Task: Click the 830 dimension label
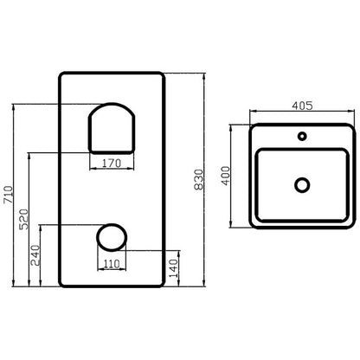click(x=199, y=179)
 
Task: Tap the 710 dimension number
click(x=9, y=195)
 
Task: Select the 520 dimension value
click(x=24, y=219)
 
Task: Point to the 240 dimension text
click(x=35, y=255)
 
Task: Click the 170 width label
click(x=112, y=164)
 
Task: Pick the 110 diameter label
click(x=112, y=264)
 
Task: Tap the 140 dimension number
click(x=174, y=268)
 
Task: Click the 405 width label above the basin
click(x=302, y=106)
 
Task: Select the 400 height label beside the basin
click(x=226, y=176)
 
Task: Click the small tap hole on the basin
click(x=302, y=136)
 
